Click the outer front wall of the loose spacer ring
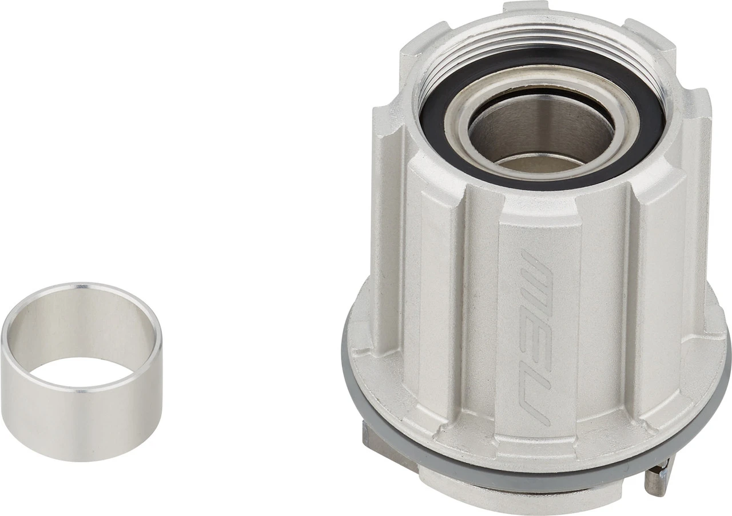point(80,417)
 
